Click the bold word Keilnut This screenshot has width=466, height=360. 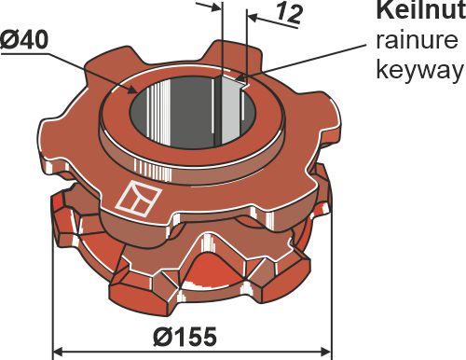click(x=418, y=11)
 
